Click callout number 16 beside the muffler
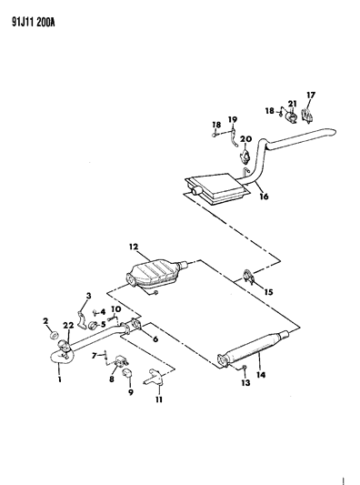263,196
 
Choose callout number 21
293,103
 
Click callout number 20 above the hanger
245,138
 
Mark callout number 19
232,119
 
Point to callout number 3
89,295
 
